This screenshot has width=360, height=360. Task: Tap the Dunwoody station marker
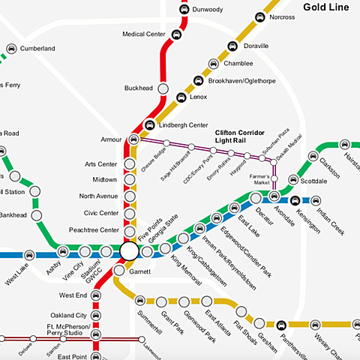coord(184,10)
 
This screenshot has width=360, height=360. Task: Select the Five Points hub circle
coord(129,250)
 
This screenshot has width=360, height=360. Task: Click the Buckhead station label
coord(139,88)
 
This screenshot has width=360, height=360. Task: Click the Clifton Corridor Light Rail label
coord(240,137)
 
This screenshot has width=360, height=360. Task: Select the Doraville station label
coord(257,46)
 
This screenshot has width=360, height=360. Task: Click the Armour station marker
coord(133,139)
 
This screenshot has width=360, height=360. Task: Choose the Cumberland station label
coord(37,49)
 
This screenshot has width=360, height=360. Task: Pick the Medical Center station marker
coord(176,34)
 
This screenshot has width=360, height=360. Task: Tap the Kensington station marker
coord(295,200)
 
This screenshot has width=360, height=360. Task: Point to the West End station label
coord(73,295)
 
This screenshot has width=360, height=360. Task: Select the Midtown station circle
coord(130,180)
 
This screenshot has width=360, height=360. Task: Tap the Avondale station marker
coord(274,197)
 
